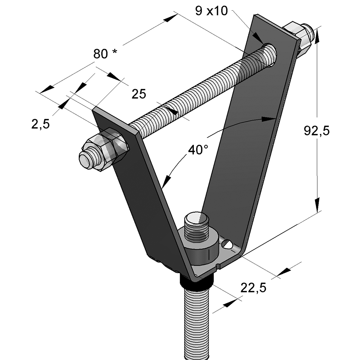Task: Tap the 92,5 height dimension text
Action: coord(316,131)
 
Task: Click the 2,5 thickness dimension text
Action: coord(40,124)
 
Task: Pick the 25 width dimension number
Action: coord(139,94)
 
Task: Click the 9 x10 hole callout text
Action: coord(211,11)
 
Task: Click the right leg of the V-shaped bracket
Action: coord(244,152)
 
